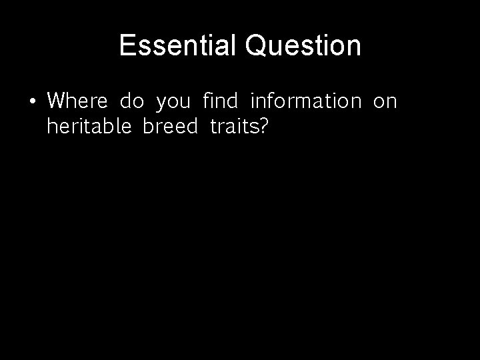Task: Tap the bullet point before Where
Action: (32, 102)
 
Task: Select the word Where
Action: (77, 101)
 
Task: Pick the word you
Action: (173, 103)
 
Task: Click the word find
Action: (219, 101)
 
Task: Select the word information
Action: (305, 101)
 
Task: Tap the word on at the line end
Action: (385, 103)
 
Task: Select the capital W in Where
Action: (57, 101)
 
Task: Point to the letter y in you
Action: (161, 104)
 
